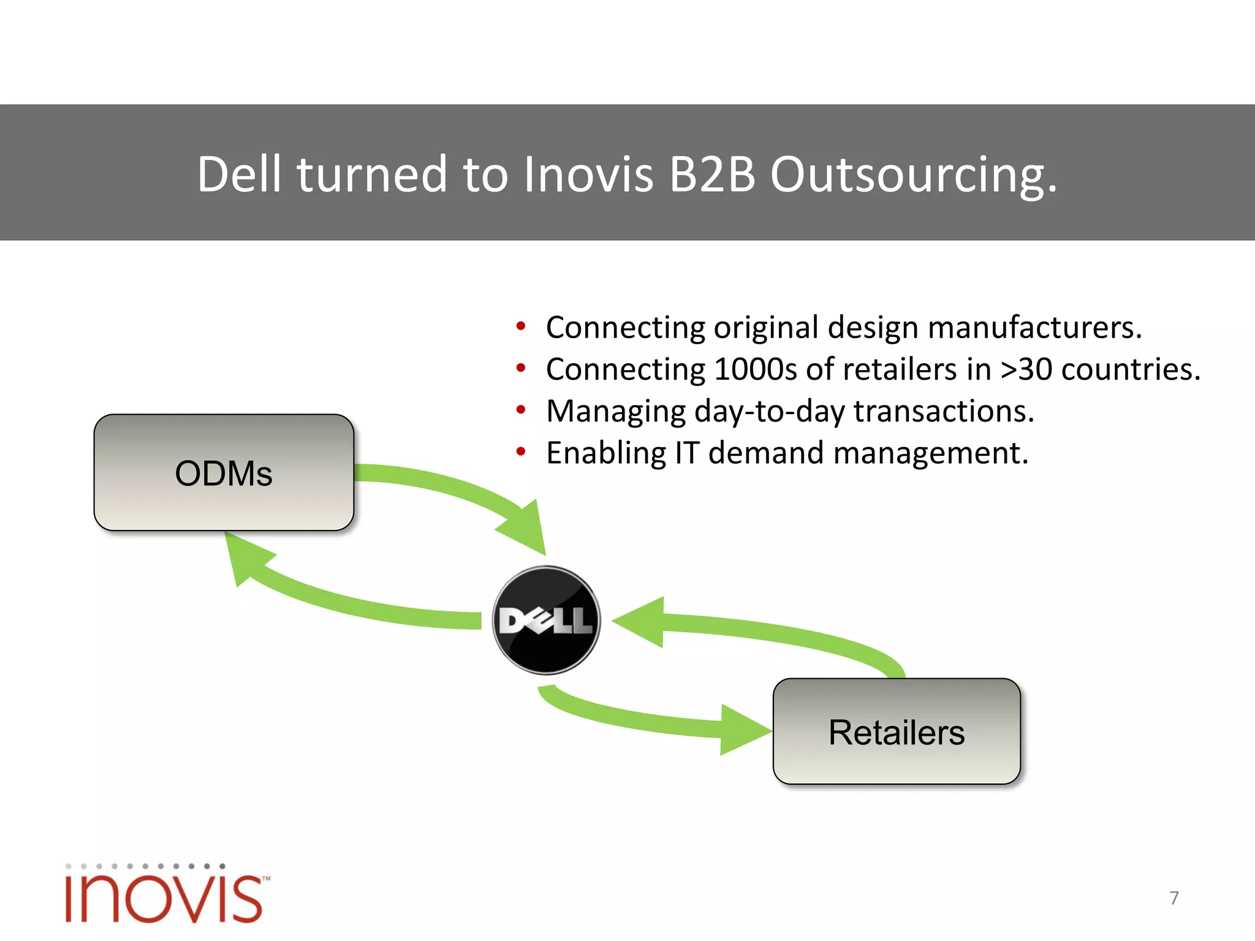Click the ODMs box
tap(224, 472)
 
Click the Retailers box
tap(897, 731)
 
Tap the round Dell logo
tap(547, 620)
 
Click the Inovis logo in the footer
tap(165, 894)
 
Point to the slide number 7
tap(1173, 898)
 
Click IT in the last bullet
tap(687, 453)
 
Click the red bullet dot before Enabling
tap(521, 452)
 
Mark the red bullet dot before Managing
tap(521, 410)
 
